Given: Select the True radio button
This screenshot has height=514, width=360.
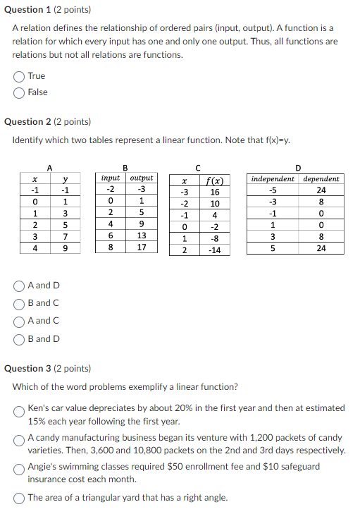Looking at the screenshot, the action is [19, 76].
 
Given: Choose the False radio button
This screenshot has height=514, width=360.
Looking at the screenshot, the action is [19, 92].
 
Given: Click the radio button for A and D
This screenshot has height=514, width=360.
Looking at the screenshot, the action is [19, 286].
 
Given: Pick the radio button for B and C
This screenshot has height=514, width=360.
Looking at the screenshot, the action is [19, 303].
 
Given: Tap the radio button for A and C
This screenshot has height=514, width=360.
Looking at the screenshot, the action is [19, 321].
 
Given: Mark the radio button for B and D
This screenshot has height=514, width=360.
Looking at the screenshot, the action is [19, 338].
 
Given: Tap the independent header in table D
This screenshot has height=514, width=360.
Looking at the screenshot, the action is [273, 178].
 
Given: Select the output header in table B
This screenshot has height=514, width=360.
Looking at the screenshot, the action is [142, 178].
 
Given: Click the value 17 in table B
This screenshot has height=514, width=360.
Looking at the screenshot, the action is [142, 247].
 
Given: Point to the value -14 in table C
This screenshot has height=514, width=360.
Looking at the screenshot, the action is [215, 250].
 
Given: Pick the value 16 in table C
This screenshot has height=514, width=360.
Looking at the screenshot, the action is [215, 192].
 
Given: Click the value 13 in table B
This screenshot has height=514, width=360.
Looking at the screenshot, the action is [142, 235].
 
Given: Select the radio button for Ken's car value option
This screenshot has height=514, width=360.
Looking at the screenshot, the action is [19, 410].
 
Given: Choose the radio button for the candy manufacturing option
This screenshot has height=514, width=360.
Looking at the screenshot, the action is [19, 439].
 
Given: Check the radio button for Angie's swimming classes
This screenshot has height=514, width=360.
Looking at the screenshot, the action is [19, 468].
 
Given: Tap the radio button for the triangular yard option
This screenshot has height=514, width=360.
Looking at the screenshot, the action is [19, 498].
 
